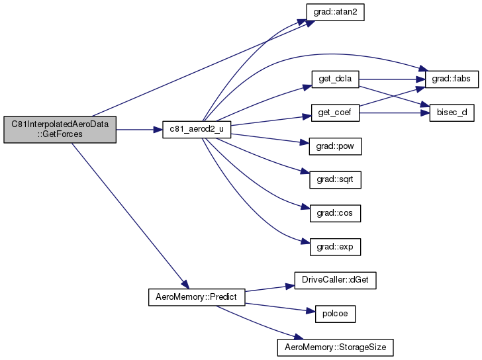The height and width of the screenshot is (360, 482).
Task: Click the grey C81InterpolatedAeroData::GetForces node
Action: (x=60, y=129)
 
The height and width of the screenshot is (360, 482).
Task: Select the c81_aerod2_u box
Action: (x=197, y=129)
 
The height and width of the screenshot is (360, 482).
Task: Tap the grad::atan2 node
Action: (x=335, y=13)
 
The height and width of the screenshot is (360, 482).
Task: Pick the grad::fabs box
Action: (x=452, y=79)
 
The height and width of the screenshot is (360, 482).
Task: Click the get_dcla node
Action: (x=335, y=79)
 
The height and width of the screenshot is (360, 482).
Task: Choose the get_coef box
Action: (x=335, y=112)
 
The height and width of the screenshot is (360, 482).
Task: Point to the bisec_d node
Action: (x=452, y=112)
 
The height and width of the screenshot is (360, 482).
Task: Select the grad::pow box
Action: (x=335, y=146)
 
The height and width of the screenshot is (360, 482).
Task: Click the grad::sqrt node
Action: (x=335, y=180)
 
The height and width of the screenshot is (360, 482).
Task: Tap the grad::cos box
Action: (x=335, y=213)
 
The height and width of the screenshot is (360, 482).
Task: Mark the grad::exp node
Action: (x=335, y=247)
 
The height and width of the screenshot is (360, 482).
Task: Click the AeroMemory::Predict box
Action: (x=197, y=297)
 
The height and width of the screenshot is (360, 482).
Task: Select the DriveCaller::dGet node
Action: (x=335, y=280)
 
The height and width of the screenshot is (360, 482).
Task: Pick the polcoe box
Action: (x=335, y=314)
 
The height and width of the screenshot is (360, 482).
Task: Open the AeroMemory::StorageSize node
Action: (x=335, y=347)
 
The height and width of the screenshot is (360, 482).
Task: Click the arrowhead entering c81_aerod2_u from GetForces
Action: (x=158, y=130)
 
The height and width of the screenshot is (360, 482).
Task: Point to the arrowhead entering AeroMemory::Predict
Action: (x=185, y=285)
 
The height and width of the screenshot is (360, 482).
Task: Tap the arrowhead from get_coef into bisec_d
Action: (x=425, y=112)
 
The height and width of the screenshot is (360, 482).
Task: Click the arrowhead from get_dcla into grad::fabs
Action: (x=420, y=79)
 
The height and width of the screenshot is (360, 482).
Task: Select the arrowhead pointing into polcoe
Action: (x=311, y=312)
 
